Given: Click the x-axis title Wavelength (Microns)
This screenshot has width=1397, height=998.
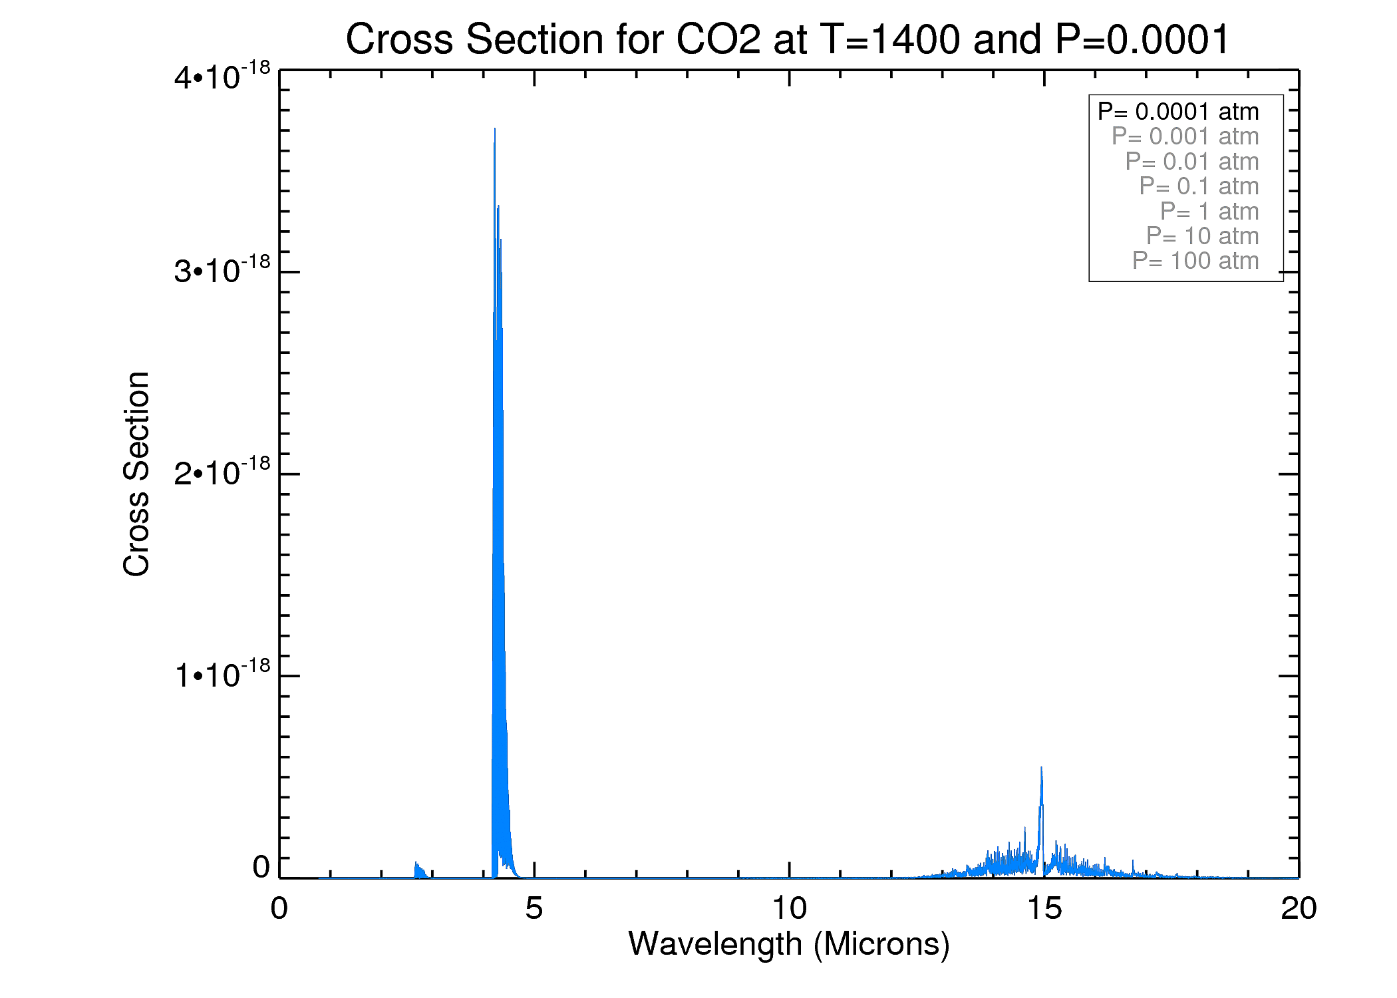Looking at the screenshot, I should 789,943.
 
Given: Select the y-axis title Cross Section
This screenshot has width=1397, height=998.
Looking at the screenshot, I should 136,474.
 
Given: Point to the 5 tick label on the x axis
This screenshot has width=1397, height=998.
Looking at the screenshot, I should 534,908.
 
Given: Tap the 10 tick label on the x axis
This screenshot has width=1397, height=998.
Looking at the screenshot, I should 789,908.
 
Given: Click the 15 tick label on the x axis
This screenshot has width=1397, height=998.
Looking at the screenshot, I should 1044,908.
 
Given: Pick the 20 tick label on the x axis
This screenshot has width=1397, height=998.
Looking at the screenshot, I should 1299,908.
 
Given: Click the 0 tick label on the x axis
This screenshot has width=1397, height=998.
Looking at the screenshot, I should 279,908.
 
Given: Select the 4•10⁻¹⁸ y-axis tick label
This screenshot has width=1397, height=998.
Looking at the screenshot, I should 222,76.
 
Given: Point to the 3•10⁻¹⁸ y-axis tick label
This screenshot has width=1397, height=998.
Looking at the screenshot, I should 222,270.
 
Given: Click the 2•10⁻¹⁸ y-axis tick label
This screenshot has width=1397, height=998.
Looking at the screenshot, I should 222,472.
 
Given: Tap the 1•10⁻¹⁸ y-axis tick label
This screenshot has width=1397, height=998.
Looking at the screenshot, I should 222,674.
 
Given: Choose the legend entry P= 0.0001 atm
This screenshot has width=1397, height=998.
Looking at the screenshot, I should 1178,111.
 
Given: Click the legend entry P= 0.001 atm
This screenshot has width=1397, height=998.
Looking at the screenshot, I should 1185,136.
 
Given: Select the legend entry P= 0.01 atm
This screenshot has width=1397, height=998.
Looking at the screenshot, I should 1191,161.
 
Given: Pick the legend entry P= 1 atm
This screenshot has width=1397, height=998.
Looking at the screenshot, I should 1209,211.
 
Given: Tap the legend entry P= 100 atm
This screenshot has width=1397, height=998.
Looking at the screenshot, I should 1195,261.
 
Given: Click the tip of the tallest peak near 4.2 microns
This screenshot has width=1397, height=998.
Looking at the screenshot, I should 495,129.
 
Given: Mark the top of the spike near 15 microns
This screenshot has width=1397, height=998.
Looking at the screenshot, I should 1041,768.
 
